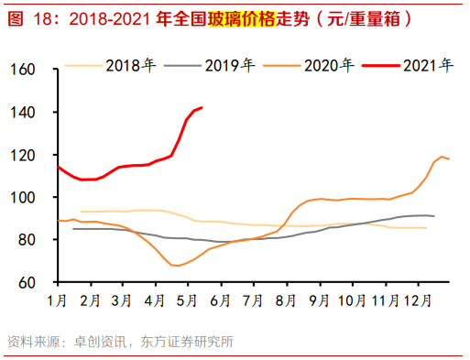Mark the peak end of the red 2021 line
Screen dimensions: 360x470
coord(202,107)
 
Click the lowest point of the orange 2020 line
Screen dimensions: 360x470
coord(175,266)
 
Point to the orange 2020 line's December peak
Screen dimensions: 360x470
coord(443,157)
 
